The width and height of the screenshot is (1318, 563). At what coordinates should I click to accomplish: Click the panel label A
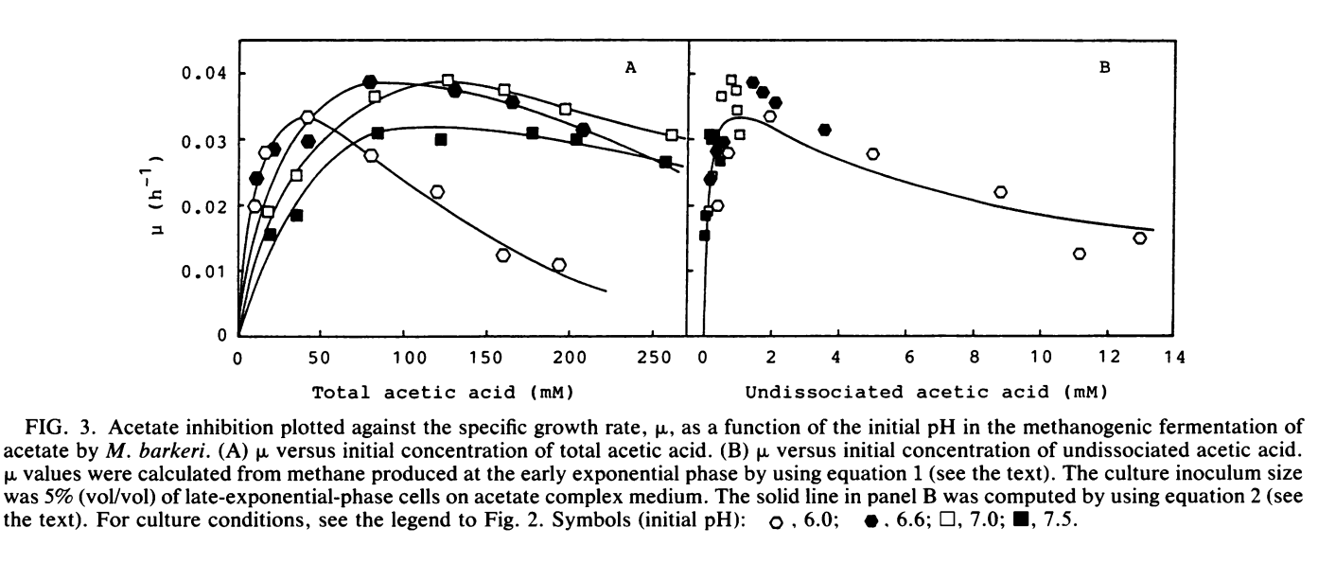[x=628, y=67]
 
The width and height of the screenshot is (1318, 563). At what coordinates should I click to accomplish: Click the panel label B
[x=1103, y=67]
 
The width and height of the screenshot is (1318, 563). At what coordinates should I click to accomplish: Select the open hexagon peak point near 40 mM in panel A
[x=307, y=117]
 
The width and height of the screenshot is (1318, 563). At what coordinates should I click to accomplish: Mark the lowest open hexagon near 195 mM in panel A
[x=558, y=265]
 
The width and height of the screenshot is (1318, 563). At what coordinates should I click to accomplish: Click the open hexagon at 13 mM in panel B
[x=1140, y=238]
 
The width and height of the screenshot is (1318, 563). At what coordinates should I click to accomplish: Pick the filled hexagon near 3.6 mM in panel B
[x=824, y=130]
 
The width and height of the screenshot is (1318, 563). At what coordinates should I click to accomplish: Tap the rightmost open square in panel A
[x=672, y=135]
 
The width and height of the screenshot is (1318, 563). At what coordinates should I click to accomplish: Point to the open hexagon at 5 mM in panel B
[x=872, y=153]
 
